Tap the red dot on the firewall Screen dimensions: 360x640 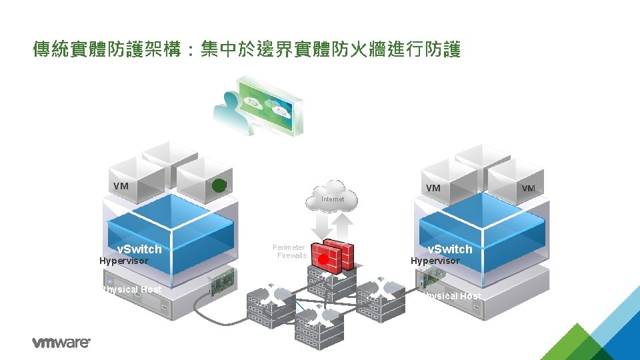[323, 259]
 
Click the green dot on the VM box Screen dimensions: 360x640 [219, 185]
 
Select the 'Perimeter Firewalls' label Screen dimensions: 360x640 [289, 251]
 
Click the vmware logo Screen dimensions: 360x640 [61, 343]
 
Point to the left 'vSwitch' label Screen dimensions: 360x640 [139, 249]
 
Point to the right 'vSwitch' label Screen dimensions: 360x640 [449, 249]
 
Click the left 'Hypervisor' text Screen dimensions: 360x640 [124, 261]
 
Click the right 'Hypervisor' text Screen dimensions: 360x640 [435, 261]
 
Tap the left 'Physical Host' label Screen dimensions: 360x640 [131, 289]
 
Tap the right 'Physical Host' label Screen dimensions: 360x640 [451, 296]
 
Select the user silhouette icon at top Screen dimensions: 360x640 [227, 107]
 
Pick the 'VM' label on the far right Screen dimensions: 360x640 [528, 189]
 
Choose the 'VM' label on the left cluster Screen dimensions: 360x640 [121, 186]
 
